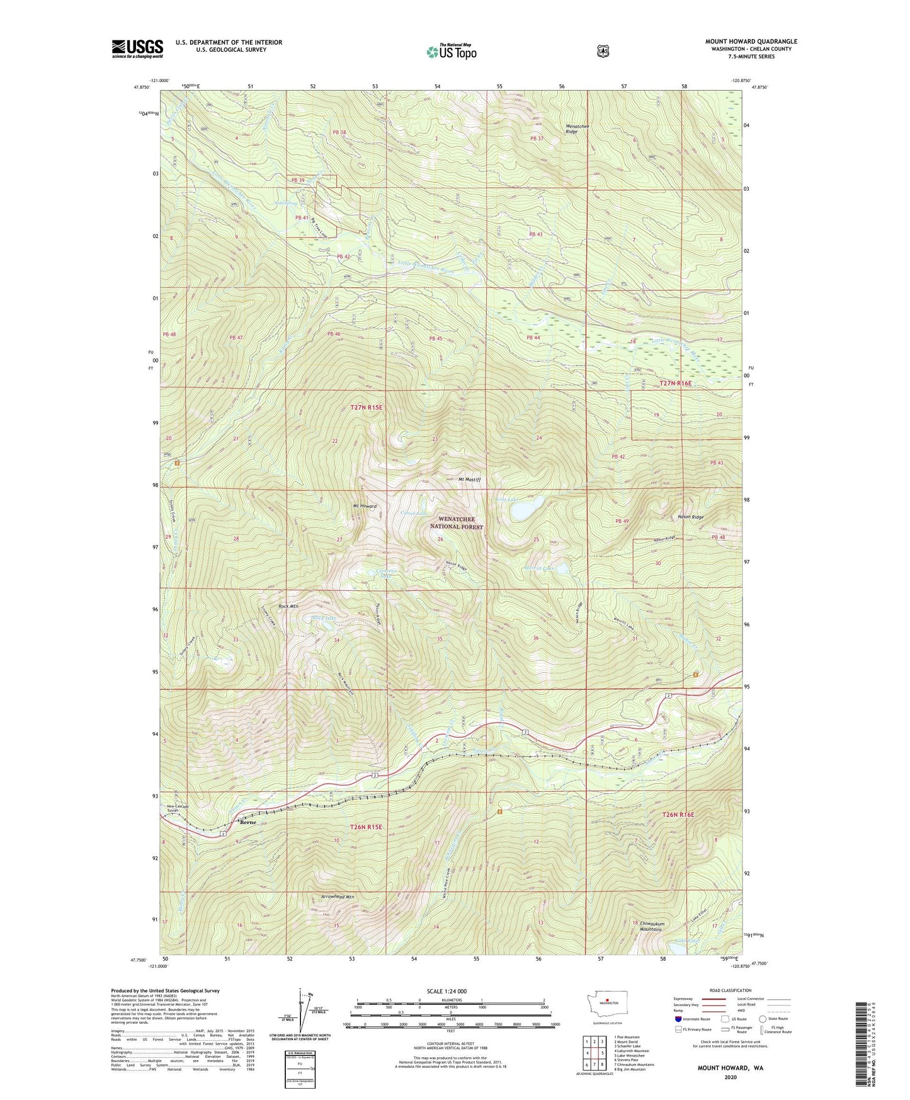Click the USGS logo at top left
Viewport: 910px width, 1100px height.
pos(137,49)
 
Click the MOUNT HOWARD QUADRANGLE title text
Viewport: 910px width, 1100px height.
pos(751,42)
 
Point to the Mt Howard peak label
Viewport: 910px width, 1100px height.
pos(365,506)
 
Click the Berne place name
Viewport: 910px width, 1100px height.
pos(247,822)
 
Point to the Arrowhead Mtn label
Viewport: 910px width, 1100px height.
pos(337,897)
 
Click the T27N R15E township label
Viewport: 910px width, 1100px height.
pos(366,408)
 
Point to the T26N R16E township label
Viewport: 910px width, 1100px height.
pos(678,815)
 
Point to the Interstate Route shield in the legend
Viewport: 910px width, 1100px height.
pos(678,1018)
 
